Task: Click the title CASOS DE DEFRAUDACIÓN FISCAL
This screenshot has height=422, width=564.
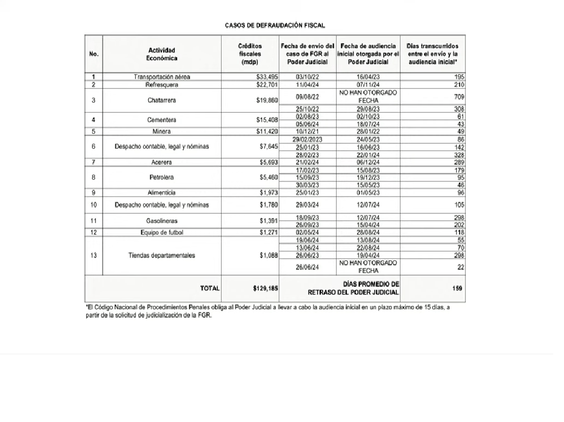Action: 275,25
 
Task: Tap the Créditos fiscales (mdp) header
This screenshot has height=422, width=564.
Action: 249,54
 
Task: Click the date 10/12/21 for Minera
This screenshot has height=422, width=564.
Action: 307,131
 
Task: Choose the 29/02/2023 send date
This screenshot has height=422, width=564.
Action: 307,139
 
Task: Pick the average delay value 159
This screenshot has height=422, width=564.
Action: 457,288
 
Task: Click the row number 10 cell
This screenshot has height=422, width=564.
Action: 94,205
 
